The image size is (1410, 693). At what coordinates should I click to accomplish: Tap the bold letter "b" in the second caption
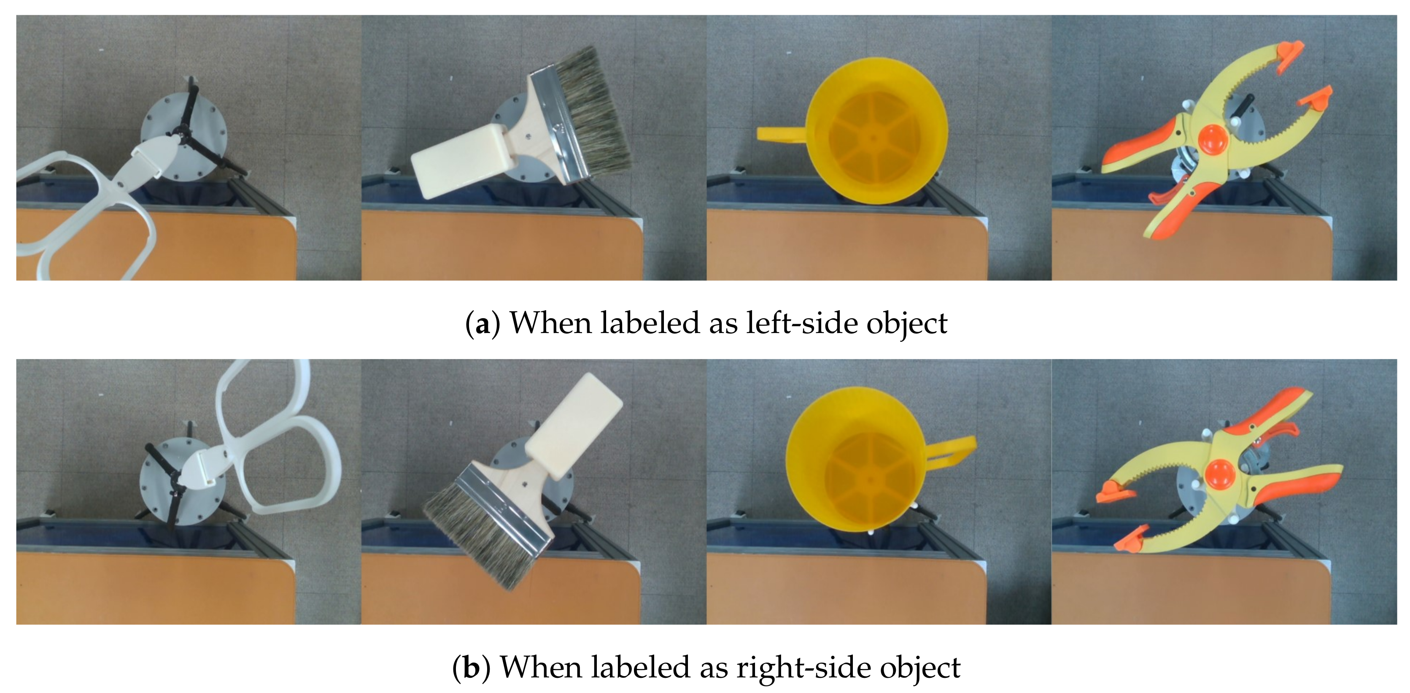click(471, 667)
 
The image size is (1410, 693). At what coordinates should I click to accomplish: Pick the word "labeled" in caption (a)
click(649, 323)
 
